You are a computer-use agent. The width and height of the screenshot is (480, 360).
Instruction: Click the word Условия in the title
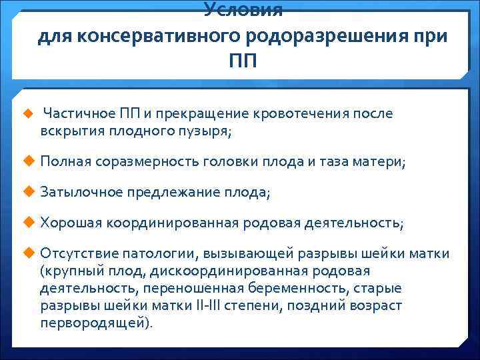(243, 9)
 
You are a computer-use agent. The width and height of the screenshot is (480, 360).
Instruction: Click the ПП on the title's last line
(243, 61)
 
